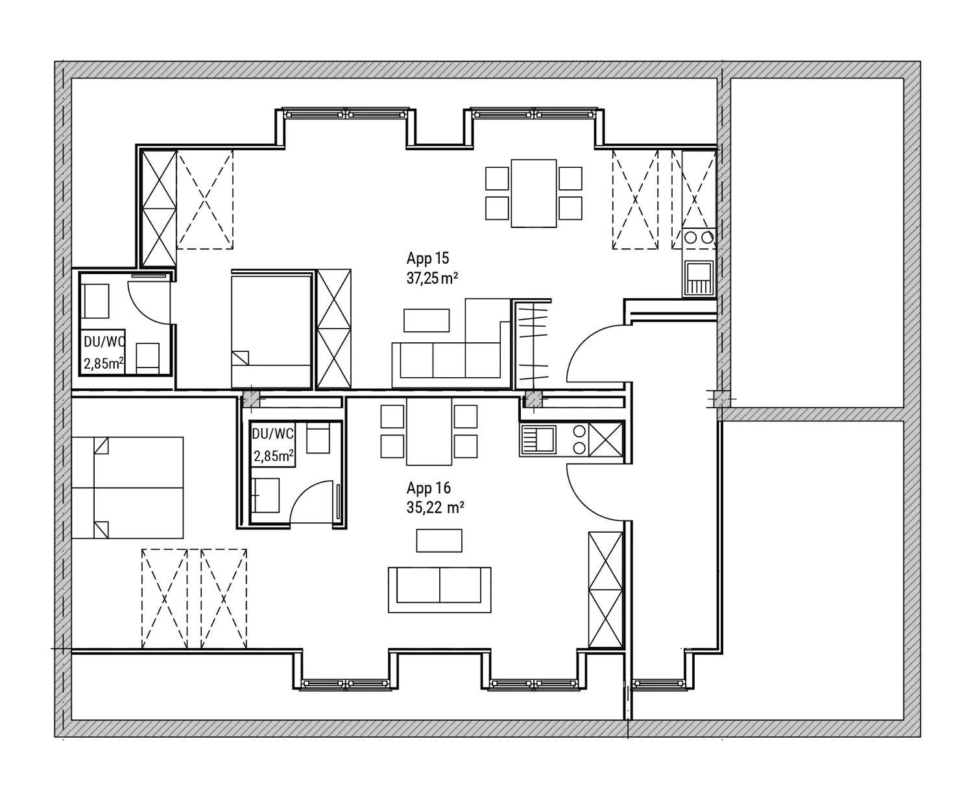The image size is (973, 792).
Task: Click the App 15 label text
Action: (x=427, y=259)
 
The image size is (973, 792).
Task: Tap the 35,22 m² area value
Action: (x=435, y=507)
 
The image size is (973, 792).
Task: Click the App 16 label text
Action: (x=428, y=488)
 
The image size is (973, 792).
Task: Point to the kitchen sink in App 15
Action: (x=699, y=277)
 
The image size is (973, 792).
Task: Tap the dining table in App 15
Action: (x=533, y=193)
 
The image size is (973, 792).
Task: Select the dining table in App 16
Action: (x=429, y=431)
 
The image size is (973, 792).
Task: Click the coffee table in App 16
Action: (x=439, y=541)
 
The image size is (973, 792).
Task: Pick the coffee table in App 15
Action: (x=426, y=320)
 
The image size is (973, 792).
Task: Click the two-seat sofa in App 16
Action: (x=439, y=589)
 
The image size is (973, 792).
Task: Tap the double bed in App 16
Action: (x=127, y=487)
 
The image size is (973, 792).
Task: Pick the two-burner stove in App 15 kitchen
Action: (x=698, y=238)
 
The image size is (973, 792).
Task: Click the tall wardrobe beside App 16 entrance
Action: (x=605, y=588)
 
